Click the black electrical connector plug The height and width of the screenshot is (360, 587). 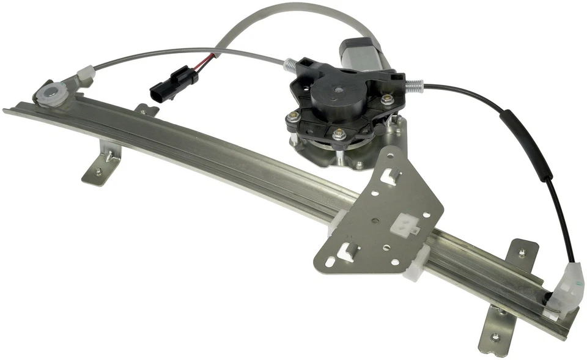(173, 85)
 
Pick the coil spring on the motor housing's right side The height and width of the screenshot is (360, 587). (414, 83)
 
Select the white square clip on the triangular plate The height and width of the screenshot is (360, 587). (404, 226)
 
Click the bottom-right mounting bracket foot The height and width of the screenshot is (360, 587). (496, 329)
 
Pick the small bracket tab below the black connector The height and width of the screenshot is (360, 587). (147, 110)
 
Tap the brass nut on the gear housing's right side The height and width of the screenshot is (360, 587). (386, 98)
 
